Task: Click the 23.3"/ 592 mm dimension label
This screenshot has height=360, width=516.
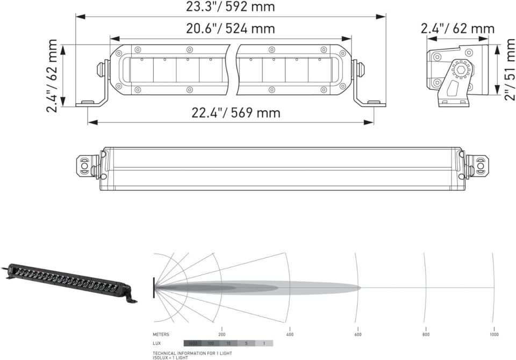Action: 230,7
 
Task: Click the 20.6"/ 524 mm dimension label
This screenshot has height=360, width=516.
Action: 230,28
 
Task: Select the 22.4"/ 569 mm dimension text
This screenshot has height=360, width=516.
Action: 236,113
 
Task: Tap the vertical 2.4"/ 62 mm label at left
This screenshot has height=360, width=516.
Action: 52,75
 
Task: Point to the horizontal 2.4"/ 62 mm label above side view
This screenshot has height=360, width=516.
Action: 457,28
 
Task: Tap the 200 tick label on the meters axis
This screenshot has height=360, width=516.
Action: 221,335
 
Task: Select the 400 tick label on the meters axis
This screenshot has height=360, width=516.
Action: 290,335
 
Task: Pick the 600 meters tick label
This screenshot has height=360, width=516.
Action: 358,335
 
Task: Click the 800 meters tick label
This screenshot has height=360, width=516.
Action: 426,335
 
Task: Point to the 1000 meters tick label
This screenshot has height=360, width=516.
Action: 493,335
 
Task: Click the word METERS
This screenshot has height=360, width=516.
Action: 161,335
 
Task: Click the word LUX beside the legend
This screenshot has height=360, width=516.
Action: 157,343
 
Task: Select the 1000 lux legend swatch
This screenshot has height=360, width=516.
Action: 192,343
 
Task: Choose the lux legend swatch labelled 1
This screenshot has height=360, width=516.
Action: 264,343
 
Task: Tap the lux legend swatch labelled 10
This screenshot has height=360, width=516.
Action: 228,343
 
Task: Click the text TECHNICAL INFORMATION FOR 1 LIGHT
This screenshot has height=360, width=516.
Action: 185,353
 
